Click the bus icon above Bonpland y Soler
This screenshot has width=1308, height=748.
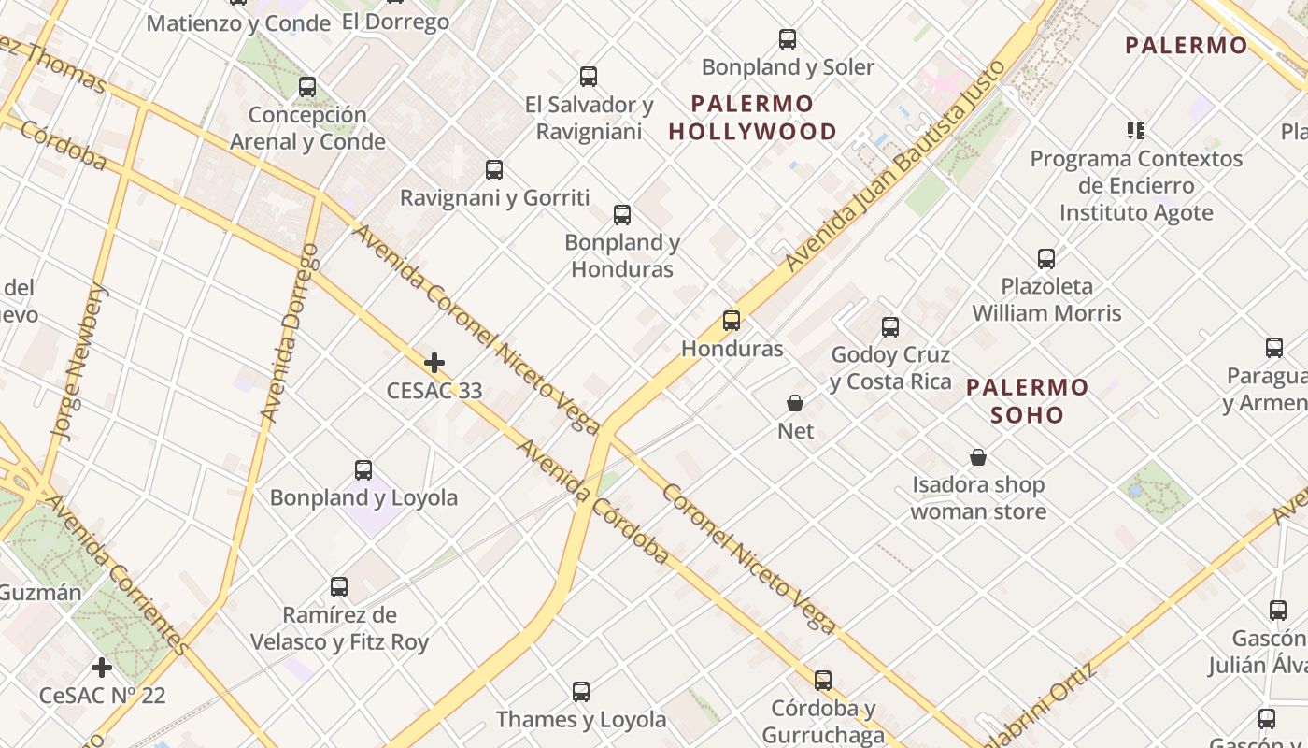click(x=788, y=39)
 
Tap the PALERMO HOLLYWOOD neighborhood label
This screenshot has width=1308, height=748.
click(x=753, y=118)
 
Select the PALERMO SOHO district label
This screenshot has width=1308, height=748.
click(x=1027, y=401)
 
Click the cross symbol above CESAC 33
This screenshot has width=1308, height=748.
click(x=434, y=363)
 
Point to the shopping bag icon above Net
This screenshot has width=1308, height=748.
click(x=795, y=403)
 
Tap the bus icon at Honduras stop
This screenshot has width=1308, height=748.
click(x=732, y=321)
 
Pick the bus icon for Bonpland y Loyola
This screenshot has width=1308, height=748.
click(x=363, y=470)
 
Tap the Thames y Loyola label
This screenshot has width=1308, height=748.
click(x=581, y=719)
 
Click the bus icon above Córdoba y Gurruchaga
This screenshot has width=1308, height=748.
click(x=823, y=681)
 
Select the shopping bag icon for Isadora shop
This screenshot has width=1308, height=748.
click(x=978, y=457)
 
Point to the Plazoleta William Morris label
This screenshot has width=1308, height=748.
click(x=1046, y=299)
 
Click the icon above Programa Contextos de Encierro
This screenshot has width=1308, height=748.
click(x=1136, y=131)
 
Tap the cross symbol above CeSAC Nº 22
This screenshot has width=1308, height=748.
click(x=102, y=668)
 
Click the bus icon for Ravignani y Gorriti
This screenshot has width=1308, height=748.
click(x=494, y=170)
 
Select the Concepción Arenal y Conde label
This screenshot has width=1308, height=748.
click(x=307, y=128)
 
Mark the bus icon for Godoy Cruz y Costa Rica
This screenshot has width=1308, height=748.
click(x=890, y=327)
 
